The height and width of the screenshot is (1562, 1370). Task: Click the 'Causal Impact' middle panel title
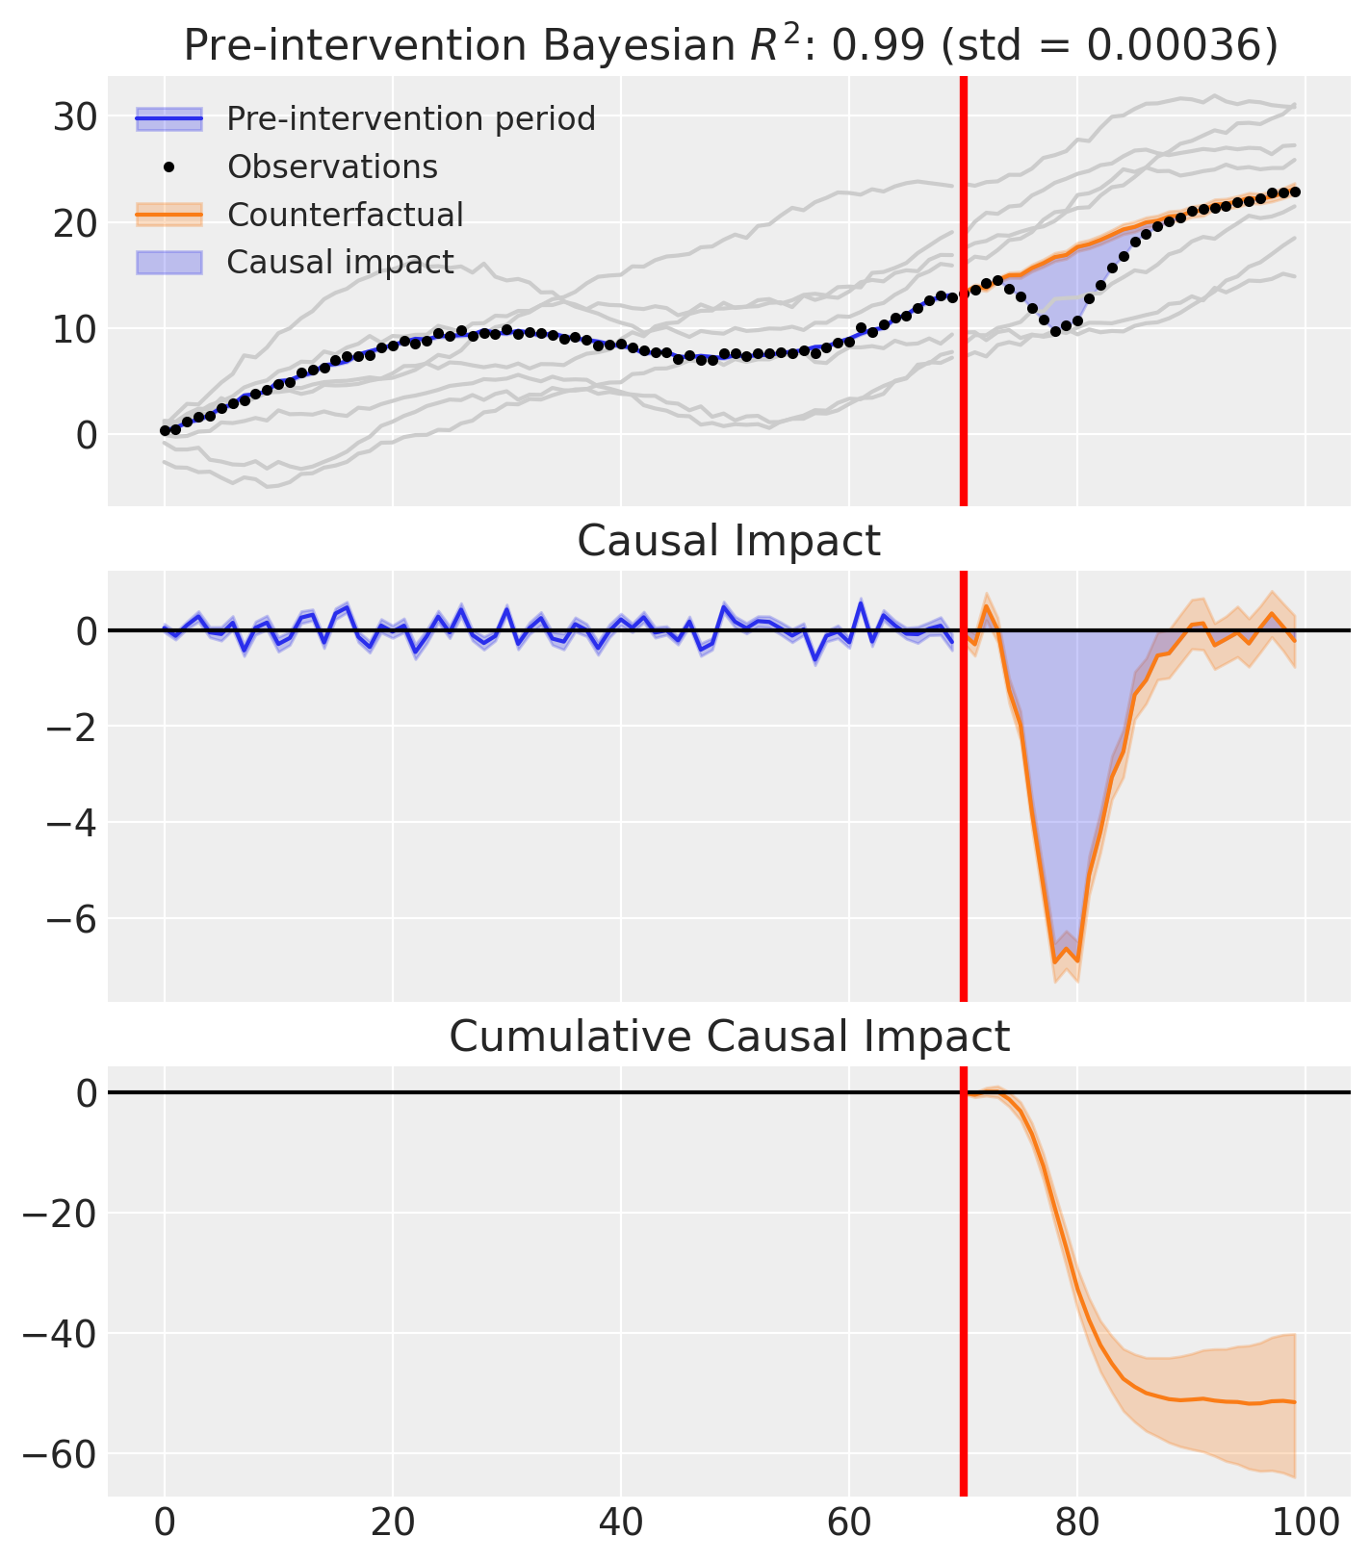[x=728, y=542]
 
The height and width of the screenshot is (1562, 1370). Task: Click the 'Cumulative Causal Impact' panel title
[x=729, y=1037]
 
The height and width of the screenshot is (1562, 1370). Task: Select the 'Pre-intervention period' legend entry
[x=411, y=119]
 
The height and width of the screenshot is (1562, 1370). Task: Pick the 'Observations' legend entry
[x=332, y=167]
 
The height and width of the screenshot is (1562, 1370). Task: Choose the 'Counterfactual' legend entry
[x=345, y=215]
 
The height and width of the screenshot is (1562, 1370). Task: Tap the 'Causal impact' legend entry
[x=340, y=263]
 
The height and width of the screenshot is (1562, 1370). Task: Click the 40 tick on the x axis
[x=621, y=1524]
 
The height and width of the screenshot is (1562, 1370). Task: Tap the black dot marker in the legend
[x=169, y=167]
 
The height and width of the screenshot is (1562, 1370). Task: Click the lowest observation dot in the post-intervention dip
[x=1055, y=331]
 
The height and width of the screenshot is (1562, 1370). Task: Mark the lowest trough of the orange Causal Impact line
[x=1055, y=961]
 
